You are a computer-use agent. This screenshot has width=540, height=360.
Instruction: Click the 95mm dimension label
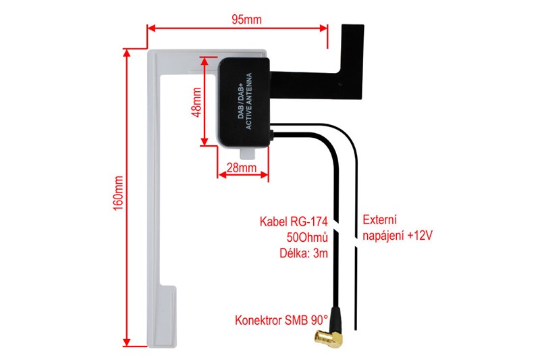[246, 20]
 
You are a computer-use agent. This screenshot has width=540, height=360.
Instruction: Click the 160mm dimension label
[118, 193]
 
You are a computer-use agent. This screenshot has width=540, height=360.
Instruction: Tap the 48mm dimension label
[196, 102]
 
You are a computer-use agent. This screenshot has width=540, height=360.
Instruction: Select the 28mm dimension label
[242, 168]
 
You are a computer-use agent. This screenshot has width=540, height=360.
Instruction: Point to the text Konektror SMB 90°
[281, 320]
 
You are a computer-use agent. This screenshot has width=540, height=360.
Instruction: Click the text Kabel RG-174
[294, 222]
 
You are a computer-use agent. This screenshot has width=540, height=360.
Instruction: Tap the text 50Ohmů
[307, 237]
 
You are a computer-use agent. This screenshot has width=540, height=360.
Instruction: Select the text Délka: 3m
[303, 253]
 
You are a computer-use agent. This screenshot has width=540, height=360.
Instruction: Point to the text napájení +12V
[398, 236]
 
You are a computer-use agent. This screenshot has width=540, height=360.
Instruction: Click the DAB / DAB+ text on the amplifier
[241, 101]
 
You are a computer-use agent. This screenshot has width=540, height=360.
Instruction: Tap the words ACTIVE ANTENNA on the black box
[248, 101]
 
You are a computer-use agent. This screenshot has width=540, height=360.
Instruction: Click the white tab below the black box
[248, 153]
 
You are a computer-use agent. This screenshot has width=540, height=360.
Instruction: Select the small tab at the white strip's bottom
[167, 316]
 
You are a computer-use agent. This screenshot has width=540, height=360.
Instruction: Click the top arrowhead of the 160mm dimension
[128, 53]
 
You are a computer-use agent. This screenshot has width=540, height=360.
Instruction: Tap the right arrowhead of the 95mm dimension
[323, 28]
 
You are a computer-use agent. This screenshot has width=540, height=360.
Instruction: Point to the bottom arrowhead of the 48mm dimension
[205, 141]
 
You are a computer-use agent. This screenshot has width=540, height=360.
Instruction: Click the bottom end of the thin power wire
[356, 330]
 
